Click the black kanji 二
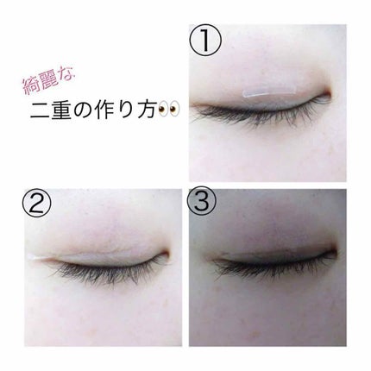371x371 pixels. click(43, 116)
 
